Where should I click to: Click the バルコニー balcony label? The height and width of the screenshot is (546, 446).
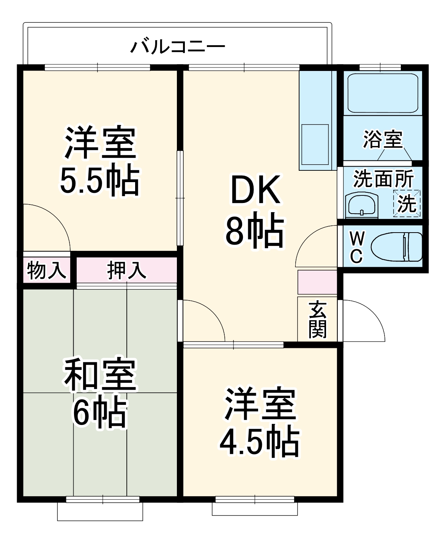(178, 47)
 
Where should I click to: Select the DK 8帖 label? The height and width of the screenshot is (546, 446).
(255, 211)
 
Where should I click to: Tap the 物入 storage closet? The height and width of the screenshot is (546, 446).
(46, 271)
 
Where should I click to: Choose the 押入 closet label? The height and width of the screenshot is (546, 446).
(126, 271)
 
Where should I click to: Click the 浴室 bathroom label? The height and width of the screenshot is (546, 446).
(383, 139)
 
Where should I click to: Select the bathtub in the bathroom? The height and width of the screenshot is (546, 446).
(383, 93)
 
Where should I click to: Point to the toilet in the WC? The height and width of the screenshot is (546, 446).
(397, 247)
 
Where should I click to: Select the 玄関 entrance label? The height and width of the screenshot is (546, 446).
(317, 319)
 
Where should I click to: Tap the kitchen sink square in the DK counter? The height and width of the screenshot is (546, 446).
(315, 144)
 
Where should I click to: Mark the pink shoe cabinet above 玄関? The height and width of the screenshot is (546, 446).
(317, 282)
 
